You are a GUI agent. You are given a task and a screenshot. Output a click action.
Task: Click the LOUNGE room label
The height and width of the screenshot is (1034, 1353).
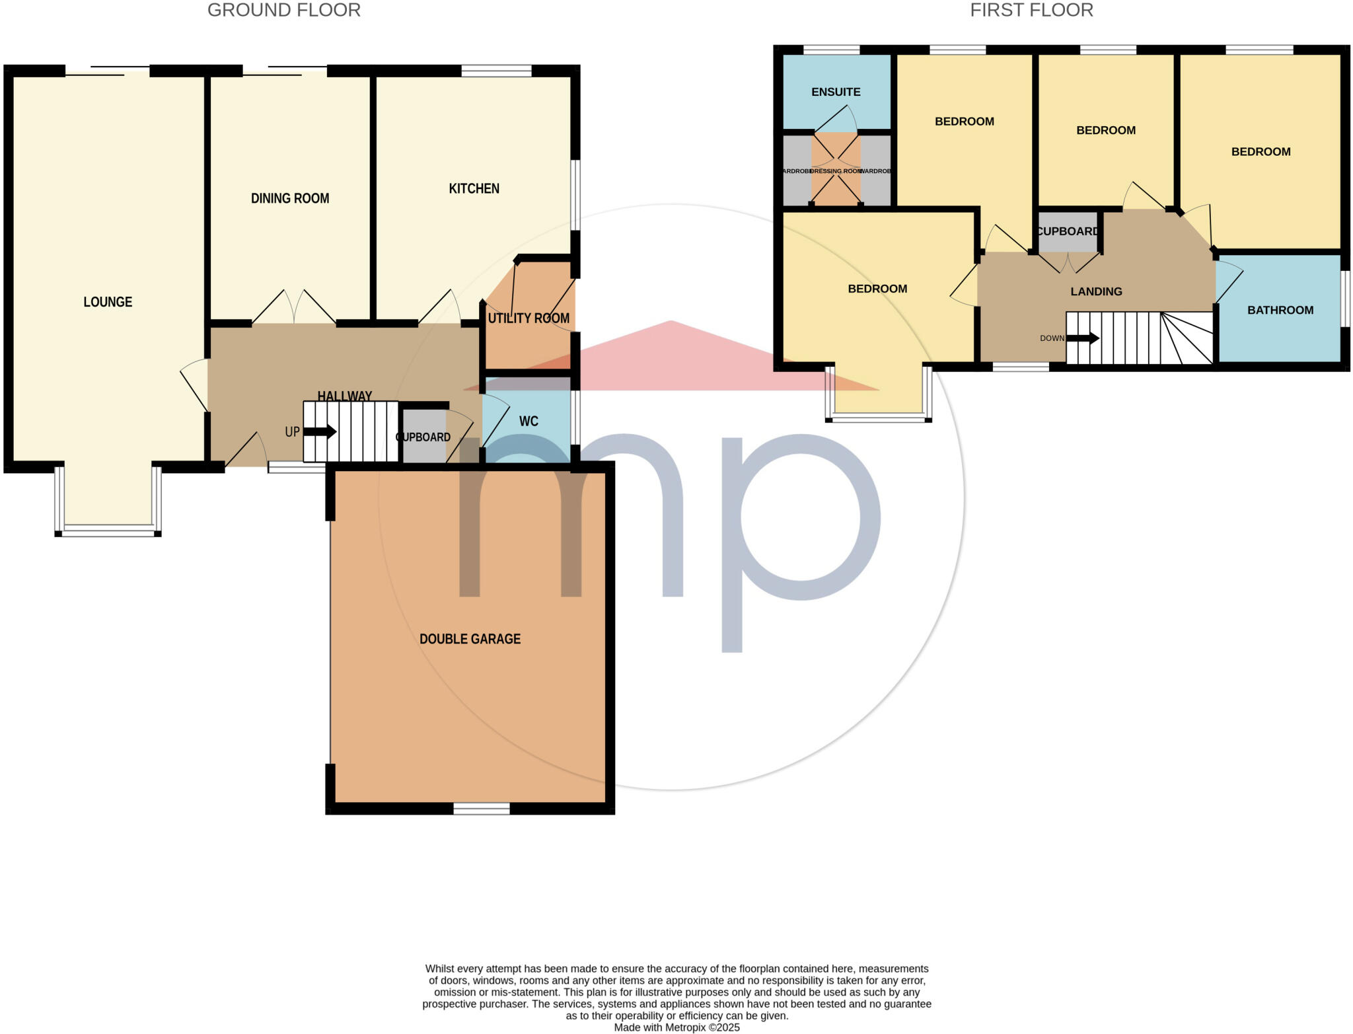[108, 302]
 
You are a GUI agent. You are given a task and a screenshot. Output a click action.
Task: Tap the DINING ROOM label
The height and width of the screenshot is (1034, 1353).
[290, 198]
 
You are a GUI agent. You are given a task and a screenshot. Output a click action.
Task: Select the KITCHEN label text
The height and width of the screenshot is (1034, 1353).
[474, 188]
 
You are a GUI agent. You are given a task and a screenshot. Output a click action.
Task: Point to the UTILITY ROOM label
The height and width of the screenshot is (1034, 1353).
[529, 318]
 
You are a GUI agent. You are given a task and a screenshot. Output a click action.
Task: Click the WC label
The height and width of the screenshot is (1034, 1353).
[529, 422]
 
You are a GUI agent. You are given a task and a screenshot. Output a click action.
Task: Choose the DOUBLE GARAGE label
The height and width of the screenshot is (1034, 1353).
[470, 639]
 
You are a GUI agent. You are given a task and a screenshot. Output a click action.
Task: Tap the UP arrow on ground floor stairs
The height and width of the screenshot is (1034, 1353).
[320, 432]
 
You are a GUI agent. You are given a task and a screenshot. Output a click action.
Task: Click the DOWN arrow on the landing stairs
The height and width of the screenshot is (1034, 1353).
[1083, 338]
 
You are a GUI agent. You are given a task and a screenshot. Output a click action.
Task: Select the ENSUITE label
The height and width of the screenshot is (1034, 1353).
[836, 92]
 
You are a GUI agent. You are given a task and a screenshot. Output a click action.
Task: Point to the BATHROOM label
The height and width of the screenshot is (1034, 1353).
[1280, 310]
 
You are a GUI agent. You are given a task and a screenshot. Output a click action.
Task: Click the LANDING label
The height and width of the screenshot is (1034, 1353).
[1096, 291]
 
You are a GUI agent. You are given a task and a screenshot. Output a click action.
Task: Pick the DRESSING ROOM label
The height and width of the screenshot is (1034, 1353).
[836, 171]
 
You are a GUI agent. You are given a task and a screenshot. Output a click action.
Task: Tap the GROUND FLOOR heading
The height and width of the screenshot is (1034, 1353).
[284, 11]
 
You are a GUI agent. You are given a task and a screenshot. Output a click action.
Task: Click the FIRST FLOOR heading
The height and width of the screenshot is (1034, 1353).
[1031, 11]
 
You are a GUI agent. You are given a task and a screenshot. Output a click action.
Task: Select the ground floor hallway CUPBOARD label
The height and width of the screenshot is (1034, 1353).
[423, 437]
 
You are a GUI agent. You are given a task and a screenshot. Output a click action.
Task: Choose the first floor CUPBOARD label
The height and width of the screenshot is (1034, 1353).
[1068, 231]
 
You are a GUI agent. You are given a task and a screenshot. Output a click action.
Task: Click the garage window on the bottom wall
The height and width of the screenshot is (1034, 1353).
[482, 808]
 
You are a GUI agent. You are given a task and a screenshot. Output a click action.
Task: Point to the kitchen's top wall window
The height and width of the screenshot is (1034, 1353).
[496, 71]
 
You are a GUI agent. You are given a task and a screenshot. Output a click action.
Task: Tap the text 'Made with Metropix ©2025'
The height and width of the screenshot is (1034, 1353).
[676, 1027]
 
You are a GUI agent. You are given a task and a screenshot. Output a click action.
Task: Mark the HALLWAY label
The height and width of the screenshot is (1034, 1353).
[344, 396]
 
